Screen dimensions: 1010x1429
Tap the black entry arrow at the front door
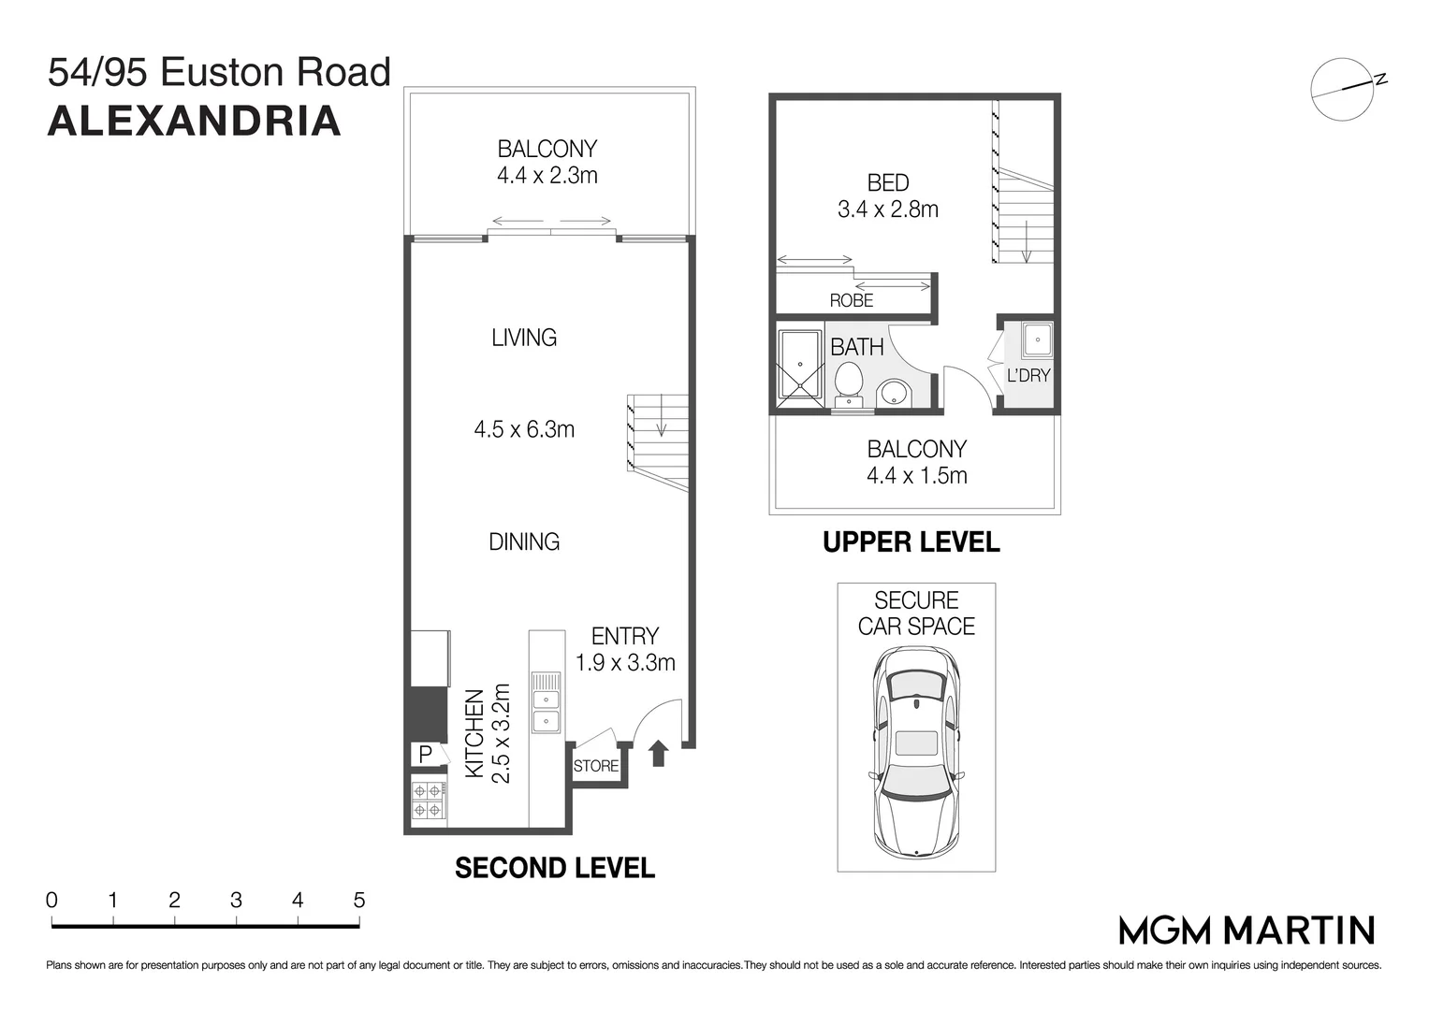click(658, 753)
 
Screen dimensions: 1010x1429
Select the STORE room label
click(596, 766)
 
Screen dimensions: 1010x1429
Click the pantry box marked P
click(425, 754)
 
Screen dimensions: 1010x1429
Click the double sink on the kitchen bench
click(546, 710)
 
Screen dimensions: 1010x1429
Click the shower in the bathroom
click(799, 368)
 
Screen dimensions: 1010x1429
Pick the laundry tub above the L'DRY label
click(1037, 340)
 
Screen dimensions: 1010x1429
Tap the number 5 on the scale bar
click(358, 901)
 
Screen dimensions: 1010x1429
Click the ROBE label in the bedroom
click(851, 300)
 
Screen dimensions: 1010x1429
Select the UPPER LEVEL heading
click(911, 542)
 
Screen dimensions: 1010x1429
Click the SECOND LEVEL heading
click(554, 868)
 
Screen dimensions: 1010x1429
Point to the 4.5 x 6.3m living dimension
click(524, 429)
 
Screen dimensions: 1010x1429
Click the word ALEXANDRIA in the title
click(194, 121)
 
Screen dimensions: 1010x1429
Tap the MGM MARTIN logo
click(1247, 930)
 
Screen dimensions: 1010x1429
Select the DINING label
click(524, 541)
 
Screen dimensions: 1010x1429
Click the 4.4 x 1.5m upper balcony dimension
click(916, 475)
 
